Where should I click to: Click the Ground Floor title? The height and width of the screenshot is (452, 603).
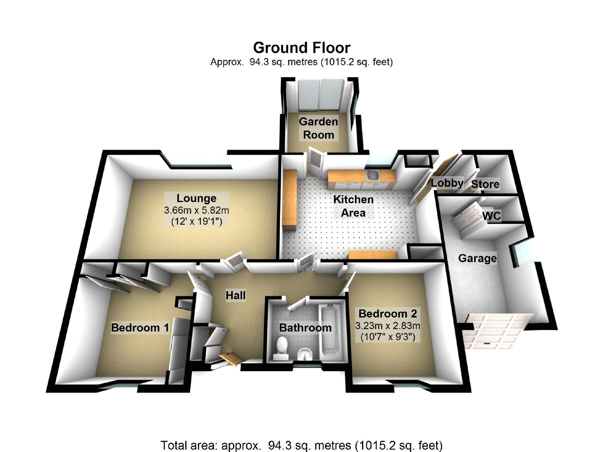tap(301, 48)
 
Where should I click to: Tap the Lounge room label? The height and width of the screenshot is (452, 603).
tap(197, 198)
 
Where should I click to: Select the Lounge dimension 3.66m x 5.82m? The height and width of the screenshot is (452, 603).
tap(197, 210)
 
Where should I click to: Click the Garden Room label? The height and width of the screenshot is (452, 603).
tap(318, 128)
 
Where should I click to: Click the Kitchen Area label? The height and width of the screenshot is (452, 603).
tap(353, 206)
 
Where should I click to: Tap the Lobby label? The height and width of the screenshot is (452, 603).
tap(447, 183)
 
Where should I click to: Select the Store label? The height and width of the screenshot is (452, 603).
tap(485, 184)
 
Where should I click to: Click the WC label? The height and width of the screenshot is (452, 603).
tap(492, 216)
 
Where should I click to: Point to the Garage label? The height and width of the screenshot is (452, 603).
tap(477, 258)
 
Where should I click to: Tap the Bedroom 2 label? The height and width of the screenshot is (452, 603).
tap(388, 314)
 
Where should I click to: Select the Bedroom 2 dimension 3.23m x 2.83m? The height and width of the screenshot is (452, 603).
tap(388, 326)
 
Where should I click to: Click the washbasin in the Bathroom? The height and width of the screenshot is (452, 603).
tap(305, 354)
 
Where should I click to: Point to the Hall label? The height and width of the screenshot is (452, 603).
tap(236, 295)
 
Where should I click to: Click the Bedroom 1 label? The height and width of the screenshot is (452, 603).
tap(140, 328)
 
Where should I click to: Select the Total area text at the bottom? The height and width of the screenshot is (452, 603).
tap(301, 445)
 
